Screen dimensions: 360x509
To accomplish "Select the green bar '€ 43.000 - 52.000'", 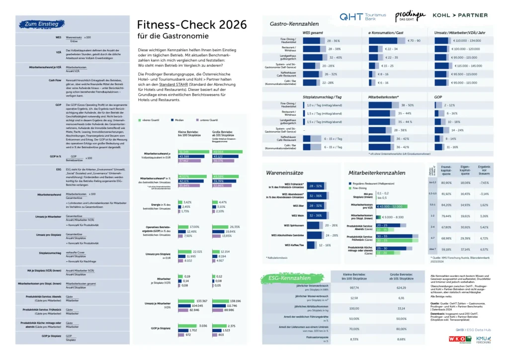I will [x=389, y=206].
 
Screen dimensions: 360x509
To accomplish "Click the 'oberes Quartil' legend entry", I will [x=149, y=120].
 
